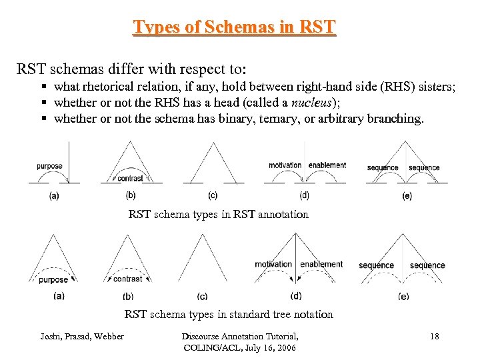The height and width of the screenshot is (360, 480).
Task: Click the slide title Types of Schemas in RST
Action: coord(235,27)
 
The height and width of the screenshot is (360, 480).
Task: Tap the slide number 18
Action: coord(434,337)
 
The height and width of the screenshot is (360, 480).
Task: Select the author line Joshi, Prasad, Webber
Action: coord(82,337)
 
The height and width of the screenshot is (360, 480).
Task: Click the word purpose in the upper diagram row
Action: coord(50,166)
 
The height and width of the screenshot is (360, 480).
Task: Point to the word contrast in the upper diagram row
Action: coord(129,178)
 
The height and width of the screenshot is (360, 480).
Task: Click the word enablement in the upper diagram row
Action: coord(327,165)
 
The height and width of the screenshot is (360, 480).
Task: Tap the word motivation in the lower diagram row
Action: coord(273,264)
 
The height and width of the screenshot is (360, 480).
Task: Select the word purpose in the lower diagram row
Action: coord(53,280)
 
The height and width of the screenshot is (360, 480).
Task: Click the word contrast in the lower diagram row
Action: coord(127,279)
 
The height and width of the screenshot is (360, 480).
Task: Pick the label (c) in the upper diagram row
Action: coord(213,196)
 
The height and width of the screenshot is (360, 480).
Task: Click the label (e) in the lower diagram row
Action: coord(403,296)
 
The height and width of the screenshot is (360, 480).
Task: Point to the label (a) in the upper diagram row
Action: coord(54,196)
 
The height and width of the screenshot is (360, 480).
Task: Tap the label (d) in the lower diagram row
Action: coord(297,296)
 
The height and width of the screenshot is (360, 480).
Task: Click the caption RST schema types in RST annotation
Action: coord(218,214)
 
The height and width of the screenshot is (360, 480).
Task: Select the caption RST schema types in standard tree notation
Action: coord(229,314)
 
